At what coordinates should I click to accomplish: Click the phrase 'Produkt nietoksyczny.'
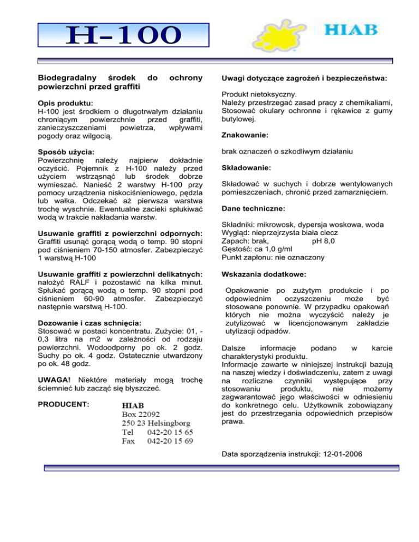tap(258, 94)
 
